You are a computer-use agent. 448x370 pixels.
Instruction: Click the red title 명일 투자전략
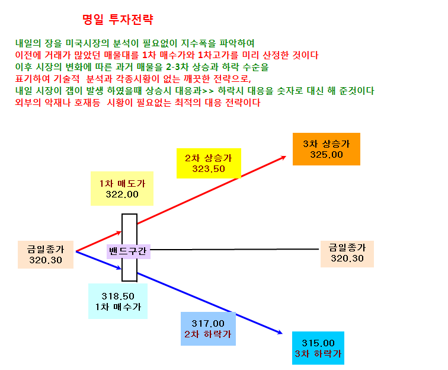click(x=118, y=20)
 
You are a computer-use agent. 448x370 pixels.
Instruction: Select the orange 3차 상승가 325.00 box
click(x=327, y=149)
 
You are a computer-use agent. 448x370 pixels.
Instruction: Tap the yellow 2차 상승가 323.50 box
click(x=209, y=163)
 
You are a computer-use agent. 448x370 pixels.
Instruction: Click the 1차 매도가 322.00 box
click(x=122, y=189)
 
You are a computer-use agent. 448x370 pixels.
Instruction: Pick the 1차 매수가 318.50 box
click(x=118, y=301)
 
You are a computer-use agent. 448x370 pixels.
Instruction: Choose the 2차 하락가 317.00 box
click(x=208, y=328)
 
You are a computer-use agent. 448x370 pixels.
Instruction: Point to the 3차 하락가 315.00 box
click(x=318, y=348)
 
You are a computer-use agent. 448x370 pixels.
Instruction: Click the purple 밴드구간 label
click(x=128, y=251)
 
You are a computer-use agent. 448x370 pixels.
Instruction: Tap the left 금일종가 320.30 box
click(x=46, y=254)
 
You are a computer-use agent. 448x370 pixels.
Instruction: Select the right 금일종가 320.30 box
click(x=347, y=254)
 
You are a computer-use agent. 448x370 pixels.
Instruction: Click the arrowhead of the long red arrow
click(x=284, y=157)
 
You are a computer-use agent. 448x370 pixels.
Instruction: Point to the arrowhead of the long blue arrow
click(x=280, y=332)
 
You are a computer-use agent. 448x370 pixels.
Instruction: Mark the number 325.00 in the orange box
click(x=327, y=155)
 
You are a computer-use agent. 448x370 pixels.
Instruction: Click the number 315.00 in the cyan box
click(x=318, y=343)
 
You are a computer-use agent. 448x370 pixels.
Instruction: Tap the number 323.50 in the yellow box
click(x=209, y=169)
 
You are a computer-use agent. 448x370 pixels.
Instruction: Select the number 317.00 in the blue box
click(x=208, y=323)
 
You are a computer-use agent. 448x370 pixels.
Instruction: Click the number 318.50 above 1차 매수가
click(x=118, y=296)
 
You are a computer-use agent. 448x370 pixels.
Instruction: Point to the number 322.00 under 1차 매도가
click(x=122, y=194)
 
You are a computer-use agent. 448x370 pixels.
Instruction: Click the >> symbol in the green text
click(x=208, y=91)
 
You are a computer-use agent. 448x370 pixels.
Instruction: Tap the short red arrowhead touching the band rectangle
click(x=119, y=233)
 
